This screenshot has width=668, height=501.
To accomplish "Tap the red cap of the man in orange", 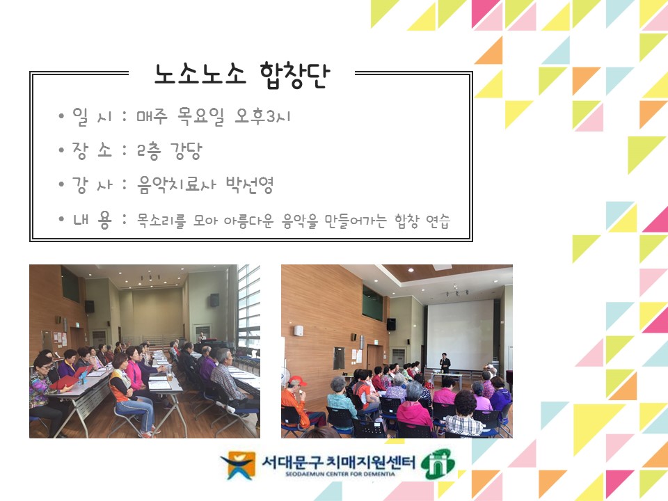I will (297, 380).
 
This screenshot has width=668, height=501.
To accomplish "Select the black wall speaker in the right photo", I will (391, 324).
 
